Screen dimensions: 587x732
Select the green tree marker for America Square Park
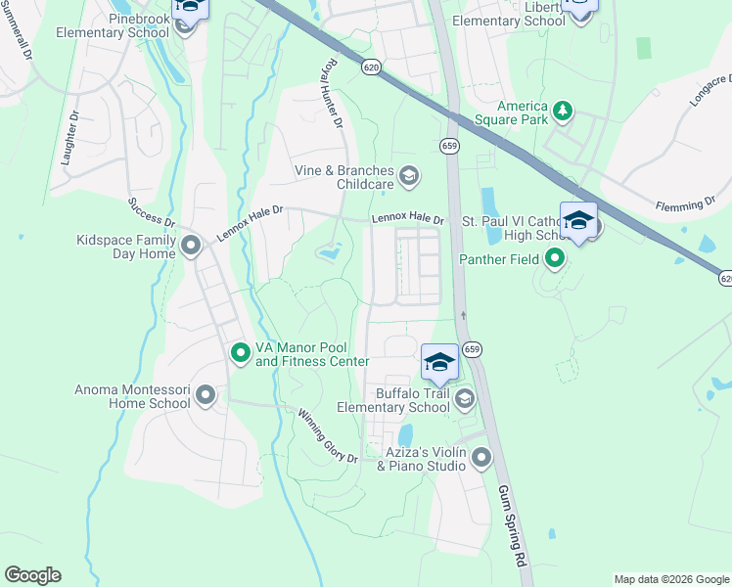(563, 113)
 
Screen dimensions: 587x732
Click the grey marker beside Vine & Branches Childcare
(409, 177)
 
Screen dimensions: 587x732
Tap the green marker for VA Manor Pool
(241, 353)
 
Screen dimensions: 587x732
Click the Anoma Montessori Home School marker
(206, 396)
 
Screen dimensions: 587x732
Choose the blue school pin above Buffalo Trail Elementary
(439, 362)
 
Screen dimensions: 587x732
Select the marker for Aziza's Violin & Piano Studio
(480, 457)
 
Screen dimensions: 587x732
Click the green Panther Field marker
(555, 259)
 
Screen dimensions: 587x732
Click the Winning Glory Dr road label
(328, 436)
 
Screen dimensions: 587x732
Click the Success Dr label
(149, 218)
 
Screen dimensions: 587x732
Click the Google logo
(32, 575)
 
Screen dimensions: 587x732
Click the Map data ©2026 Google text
(670, 579)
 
